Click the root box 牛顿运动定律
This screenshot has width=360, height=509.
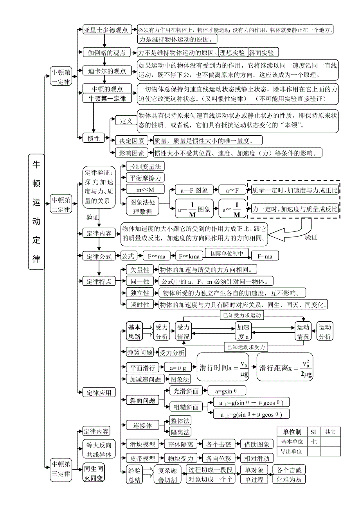coord(36,211)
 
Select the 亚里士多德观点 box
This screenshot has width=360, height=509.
coord(106,30)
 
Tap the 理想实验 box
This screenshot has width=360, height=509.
coord(233,53)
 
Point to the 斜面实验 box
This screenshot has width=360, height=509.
coord(262,53)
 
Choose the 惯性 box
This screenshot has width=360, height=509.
coord(94,138)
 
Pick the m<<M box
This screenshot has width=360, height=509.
coord(145,189)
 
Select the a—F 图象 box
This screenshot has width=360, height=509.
coord(194,190)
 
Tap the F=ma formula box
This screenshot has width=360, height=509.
coord(265,256)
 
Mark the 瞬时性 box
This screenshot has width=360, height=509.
coord(140,305)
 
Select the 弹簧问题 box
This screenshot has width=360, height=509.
coord(140,352)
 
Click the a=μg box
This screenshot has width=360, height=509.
coord(178,368)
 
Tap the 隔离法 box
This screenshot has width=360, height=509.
coord(180,432)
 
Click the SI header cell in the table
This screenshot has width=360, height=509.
coord(313,432)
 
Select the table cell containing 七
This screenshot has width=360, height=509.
coord(313,441)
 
